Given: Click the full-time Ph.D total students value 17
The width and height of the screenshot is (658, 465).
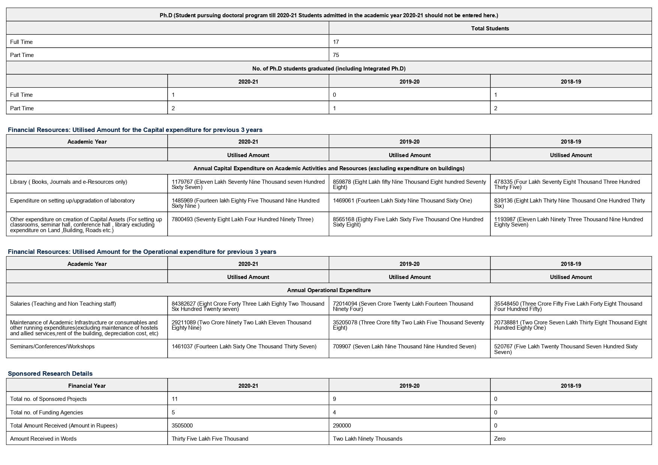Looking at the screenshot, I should (336, 42).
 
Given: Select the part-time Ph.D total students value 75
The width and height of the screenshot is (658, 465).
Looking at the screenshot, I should (336, 55).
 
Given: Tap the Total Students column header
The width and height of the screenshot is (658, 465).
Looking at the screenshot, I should (490, 28).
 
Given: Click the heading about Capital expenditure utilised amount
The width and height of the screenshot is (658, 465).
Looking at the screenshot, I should (135, 130).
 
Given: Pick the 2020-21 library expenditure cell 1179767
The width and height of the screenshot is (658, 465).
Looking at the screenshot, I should (248, 184).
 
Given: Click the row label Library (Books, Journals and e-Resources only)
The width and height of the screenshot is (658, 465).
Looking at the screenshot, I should (69, 182).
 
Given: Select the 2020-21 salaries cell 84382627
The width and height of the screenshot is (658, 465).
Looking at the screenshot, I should (248, 306).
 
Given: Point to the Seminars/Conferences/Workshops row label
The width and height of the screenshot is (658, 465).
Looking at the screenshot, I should (52, 346).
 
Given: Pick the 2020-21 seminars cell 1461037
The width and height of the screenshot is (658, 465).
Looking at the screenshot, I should (244, 346).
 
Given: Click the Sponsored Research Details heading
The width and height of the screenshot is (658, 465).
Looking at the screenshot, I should (50, 373).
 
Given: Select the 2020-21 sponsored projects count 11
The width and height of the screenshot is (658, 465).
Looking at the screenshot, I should (175, 399).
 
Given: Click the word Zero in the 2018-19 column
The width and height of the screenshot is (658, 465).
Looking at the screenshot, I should (500, 439).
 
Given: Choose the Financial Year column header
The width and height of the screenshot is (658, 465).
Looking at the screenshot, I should (87, 386).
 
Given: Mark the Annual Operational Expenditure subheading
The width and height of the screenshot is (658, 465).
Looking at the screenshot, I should (329, 290).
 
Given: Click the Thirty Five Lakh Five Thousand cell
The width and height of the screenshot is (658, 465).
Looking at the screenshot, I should (210, 439).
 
